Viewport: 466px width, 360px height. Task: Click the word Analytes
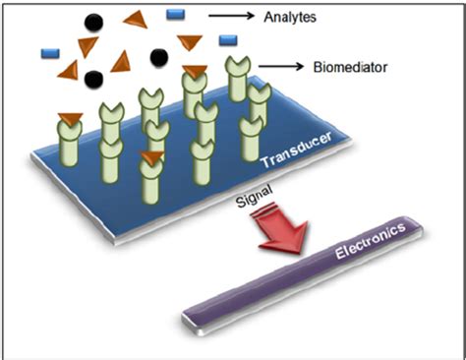(293, 16)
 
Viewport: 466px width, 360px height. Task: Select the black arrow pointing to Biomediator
(278, 67)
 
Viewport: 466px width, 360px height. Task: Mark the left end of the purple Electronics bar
(191, 316)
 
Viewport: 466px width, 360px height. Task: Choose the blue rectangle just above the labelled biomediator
(227, 39)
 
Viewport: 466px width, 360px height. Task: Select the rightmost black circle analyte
(157, 57)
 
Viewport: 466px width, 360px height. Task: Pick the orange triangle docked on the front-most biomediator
(149, 157)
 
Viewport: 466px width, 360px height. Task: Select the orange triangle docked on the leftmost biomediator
(70, 120)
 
